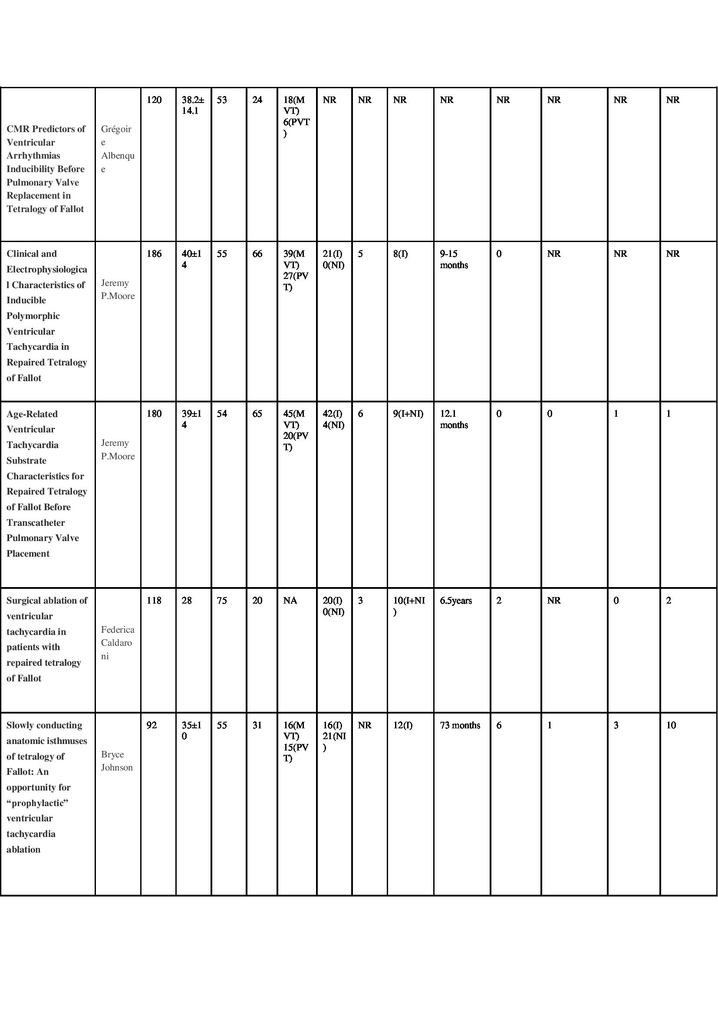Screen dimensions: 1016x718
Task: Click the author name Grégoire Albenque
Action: pos(117,149)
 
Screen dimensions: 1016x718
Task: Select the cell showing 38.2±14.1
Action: pos(192,105)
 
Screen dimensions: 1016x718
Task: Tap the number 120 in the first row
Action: pos(154,100)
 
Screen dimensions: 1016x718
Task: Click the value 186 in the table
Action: pos(154,254)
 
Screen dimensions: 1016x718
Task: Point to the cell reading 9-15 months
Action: pos(454,259)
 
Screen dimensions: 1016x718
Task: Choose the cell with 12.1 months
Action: pos(454,419)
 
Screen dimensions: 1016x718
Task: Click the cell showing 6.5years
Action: pos(455,601)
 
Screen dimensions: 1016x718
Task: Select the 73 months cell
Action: pos(460,725)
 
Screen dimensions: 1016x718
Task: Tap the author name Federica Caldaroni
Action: pos(117,643)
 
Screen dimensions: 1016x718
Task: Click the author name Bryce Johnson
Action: pos(117,760)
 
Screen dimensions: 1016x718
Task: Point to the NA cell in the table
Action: pos(290,601)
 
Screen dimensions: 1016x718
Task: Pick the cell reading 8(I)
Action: pos(400,254)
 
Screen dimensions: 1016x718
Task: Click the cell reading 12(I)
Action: pos(402,725)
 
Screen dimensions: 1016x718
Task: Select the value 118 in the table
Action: pos(154,601)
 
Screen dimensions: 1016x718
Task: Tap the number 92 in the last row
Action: pos(151,725)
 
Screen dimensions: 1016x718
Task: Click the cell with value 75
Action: pos(221,601)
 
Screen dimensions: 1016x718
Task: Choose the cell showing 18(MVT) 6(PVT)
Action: pos(296,116)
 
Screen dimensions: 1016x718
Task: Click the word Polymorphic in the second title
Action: pos(33,316)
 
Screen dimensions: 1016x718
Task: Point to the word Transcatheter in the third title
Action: pos(35,523)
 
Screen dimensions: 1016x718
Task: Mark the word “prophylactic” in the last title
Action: pos(37,803)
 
